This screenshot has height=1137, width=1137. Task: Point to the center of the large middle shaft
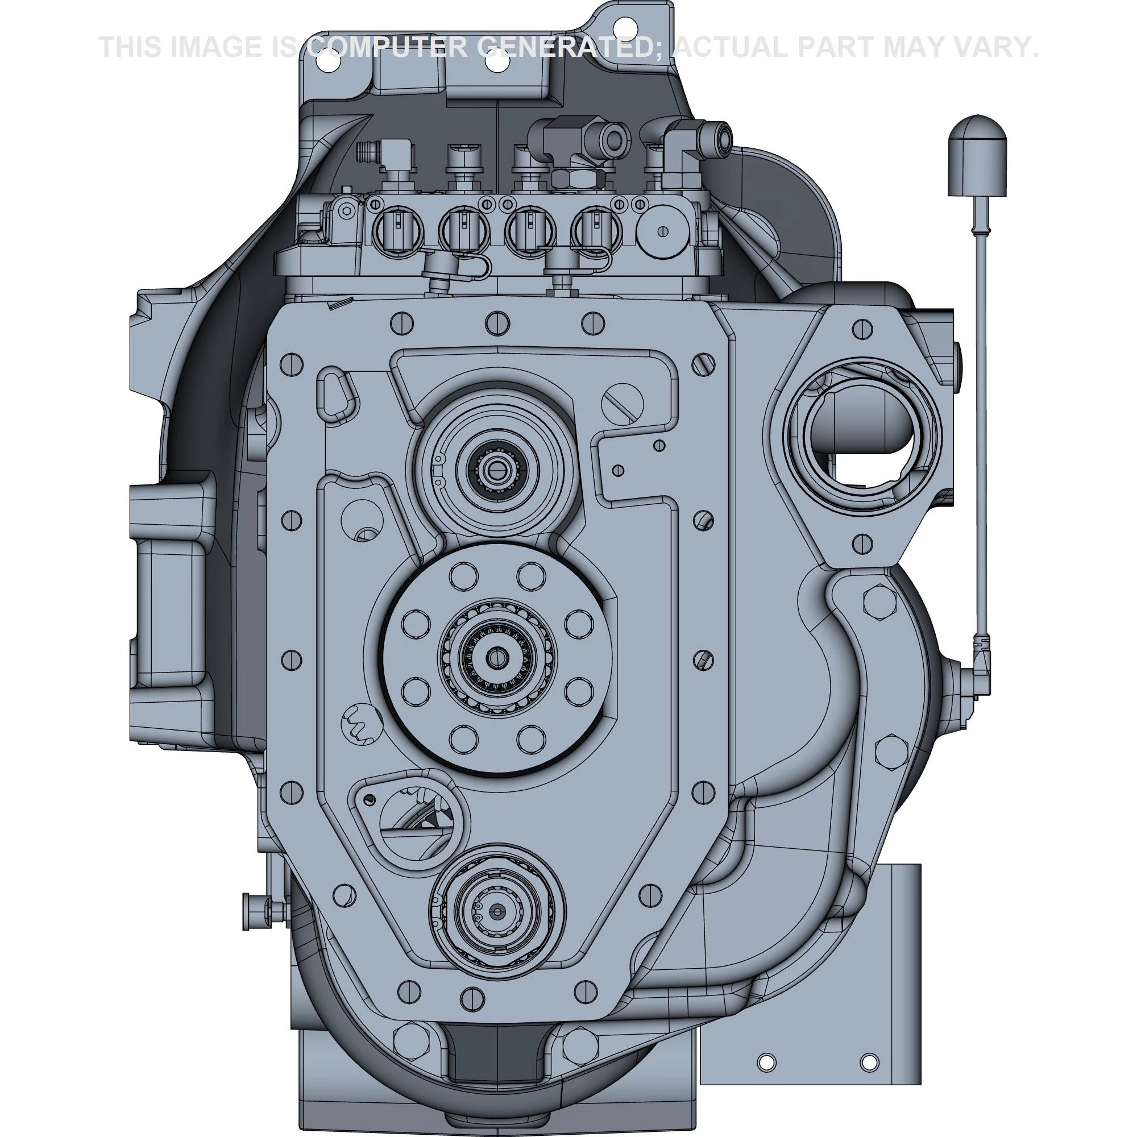[x=499, y=655]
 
